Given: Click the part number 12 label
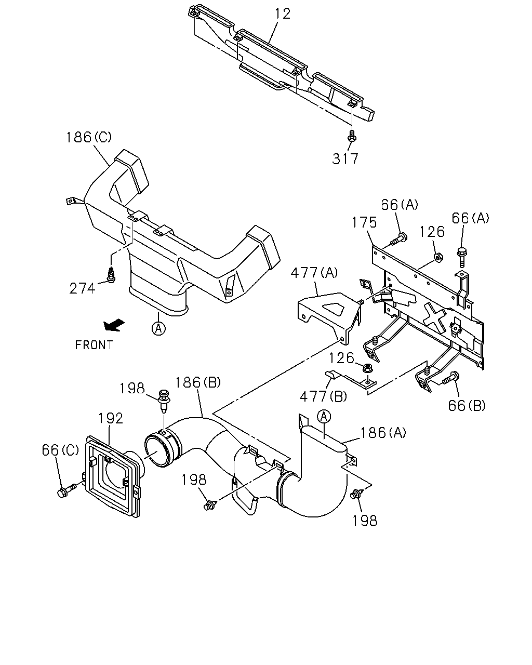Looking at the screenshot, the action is [x=283, y=14].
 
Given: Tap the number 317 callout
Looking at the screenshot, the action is [x=345, y=159].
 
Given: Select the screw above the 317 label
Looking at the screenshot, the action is [x=352, y=136].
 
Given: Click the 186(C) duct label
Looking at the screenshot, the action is [x=89, y=137].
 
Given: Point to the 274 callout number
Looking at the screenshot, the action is [x=82, y=288].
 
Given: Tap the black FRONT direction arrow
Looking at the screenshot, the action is [x=114, y=325].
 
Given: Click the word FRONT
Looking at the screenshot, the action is [x=94, y=345].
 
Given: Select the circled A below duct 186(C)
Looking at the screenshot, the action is [x=158, y=328].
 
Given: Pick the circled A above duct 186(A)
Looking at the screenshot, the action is [x=324, y=417].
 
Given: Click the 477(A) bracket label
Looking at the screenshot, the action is [x=314, y=273].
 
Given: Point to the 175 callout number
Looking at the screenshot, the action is [x=364, y=222].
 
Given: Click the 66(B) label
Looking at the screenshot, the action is [x=467, y=405].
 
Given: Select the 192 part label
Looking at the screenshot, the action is [x=110, y=418].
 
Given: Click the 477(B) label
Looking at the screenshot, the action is [x=323, y=396].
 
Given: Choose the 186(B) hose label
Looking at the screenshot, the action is [x=198, y=382].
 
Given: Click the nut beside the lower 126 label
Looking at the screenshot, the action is [x=368, y=367].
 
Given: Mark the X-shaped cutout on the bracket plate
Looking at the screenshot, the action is [x=434, y=315].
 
